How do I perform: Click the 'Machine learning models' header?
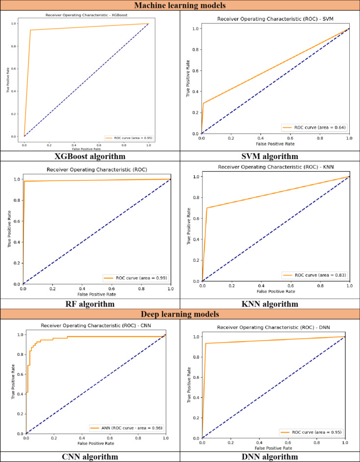[x=180, y=6]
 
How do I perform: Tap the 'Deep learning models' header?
[x=180, y=314]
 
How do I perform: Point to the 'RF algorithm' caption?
[x=90, y=304]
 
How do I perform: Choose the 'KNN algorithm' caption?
[x=270, y=304]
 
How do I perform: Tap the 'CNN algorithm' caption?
[x=90, y=457]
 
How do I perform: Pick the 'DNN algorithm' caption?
[x=270, y=457]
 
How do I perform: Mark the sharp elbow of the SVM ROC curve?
[x=204, y=103]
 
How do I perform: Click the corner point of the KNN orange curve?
[x=207, y=208]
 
